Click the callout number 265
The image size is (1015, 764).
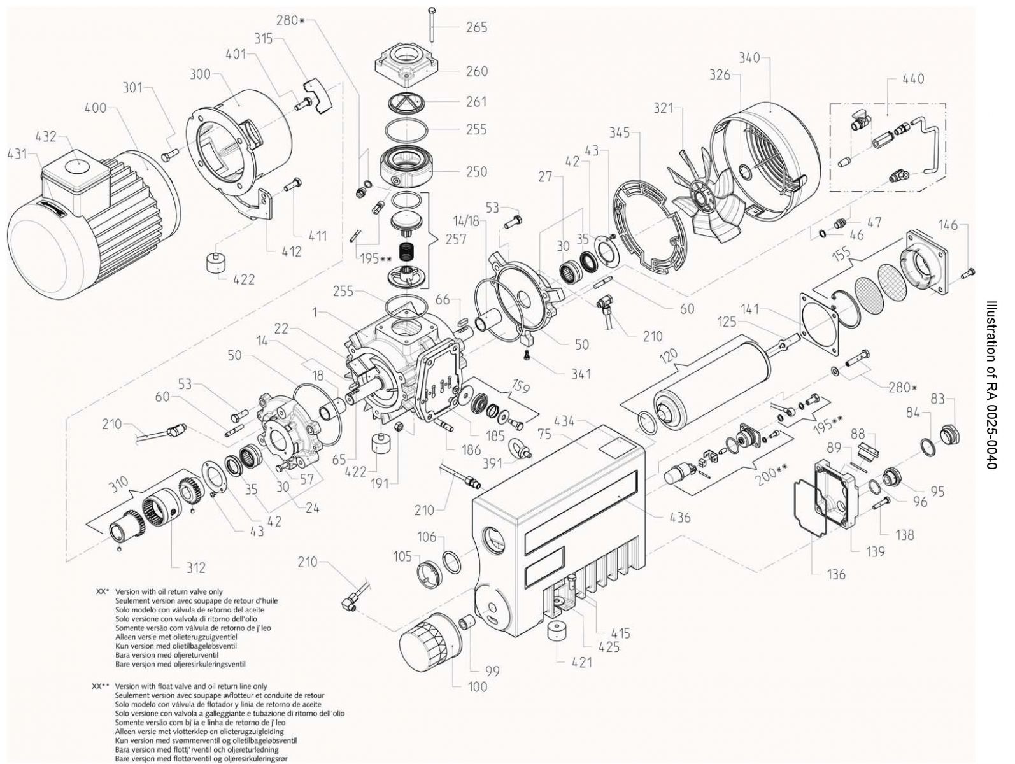[x=477, y=27]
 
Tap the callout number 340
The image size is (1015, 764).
[x=749, y=58]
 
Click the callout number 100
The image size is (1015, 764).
[x=477, y=686]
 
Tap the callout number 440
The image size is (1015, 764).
[x=913, y=80]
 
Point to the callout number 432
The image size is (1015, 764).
[x=46, y=136]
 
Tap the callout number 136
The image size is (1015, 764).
[x=835, y=574]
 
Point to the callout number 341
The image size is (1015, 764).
[x=581, y=374]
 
